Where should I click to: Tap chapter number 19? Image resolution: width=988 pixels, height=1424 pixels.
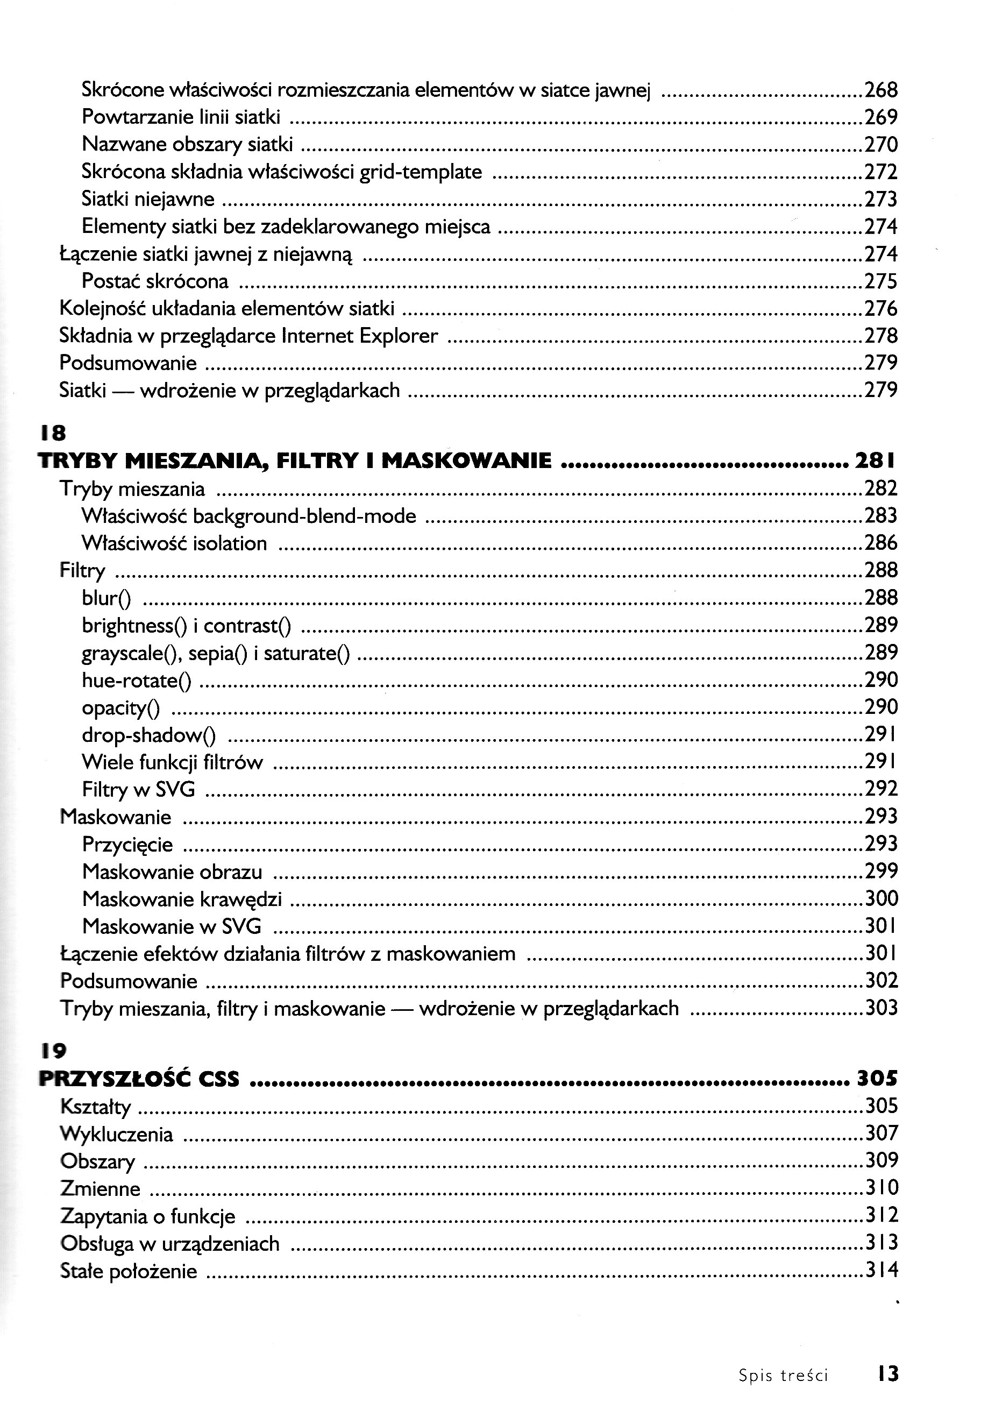pyautogui.click(x=53, y=1050)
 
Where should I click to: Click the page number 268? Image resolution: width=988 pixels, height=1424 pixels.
pyautogui.click(x=880, y=90)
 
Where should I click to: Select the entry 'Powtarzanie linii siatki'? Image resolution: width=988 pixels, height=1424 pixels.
pyautogui.click(x=181, y=117)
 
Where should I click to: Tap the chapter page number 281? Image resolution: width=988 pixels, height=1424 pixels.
pyautogui.click(x=874, y=461)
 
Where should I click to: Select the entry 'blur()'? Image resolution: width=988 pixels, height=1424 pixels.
pyautogui.click(x=106, y=598)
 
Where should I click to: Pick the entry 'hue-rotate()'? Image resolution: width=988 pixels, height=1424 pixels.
pyautogui.click(x=136, y=681)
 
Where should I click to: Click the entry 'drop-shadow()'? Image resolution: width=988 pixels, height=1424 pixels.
pyautogui.click(x=148, y=735)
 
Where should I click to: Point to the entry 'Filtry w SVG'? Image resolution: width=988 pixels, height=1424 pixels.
pyautogui.click(x=138, y=789)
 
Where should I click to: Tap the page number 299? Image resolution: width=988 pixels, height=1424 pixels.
pyautogui.click(x=880, y=871)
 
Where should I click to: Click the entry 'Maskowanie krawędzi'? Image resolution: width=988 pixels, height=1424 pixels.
pyautogui.click(x=182, y=898)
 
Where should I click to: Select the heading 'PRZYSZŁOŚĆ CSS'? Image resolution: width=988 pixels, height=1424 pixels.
pyautogui.click(x=139, y=1079)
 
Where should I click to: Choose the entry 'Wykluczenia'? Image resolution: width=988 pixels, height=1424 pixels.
pyautogui.click(x=116, y=1134)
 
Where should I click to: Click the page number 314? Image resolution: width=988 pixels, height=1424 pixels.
pyautogui.click(x=880, y=1271)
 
